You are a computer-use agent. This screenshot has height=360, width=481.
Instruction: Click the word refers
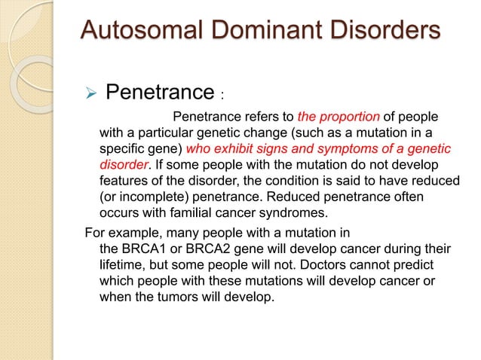coord(273,117)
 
